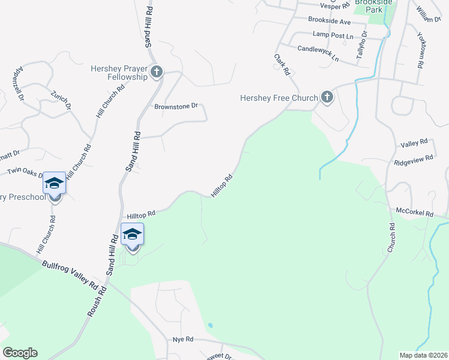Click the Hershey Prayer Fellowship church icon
click(x=156, y=73)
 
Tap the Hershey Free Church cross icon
click(x=327, y=97)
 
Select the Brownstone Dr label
click(x=176, y=106)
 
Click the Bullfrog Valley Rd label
click(x=70, y=274)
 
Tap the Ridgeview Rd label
click(x=414, y=160)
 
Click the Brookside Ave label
click(x=329, y=21)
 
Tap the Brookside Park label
click(x=373, y=7)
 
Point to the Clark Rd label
click(x=282, y=65)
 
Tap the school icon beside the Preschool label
click(x=54, y=184)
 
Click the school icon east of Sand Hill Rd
click(x=132, y=235)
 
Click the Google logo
click(x=20, y=353)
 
